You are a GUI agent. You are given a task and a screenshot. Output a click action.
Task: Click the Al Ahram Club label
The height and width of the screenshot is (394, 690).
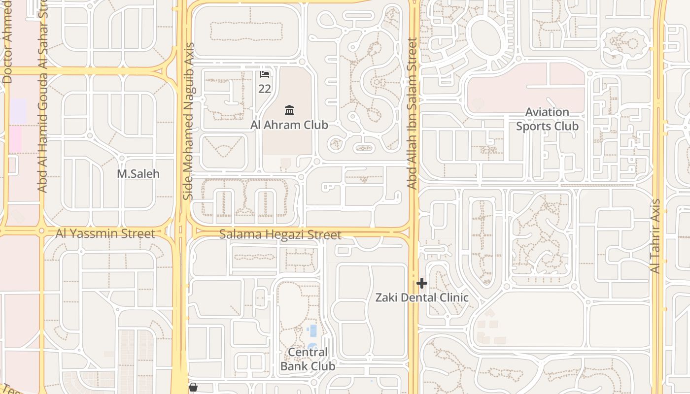coord(289,125)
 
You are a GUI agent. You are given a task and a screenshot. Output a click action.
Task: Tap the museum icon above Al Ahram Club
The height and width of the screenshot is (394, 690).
coord(289,110)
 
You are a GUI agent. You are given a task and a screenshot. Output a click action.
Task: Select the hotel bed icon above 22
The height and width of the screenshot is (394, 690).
coord(265,74)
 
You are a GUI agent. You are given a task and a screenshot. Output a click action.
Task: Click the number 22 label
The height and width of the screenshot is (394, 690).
coord(265,89)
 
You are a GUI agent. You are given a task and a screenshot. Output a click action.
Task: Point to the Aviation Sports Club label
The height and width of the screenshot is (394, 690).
coord(547,119)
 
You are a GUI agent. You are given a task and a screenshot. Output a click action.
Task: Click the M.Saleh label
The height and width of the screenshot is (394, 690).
coord(138,174)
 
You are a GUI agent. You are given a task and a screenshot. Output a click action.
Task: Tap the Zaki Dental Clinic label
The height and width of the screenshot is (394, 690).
coord(422,298)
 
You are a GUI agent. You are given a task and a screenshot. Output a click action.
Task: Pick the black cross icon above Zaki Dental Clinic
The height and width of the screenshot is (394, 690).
coord(422,283)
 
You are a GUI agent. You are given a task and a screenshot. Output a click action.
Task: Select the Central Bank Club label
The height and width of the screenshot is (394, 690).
coord(308,359)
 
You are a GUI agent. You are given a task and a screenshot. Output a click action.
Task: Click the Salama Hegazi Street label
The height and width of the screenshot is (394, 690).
coord(280,234)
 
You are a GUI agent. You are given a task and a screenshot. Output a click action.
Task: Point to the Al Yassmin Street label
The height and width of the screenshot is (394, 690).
coord(105,233)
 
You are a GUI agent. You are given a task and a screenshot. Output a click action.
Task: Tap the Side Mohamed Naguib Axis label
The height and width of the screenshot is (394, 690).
coord(188,121)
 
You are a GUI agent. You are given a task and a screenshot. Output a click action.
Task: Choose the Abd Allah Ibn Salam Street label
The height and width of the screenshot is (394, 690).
coord(413,113)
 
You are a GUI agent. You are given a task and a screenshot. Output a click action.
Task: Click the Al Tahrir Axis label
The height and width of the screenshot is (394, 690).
coord(655,236)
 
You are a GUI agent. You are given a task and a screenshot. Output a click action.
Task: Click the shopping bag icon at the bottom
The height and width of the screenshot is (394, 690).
coord(193,388)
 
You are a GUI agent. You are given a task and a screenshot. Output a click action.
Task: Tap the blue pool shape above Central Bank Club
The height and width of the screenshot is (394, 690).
coord(313,330)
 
